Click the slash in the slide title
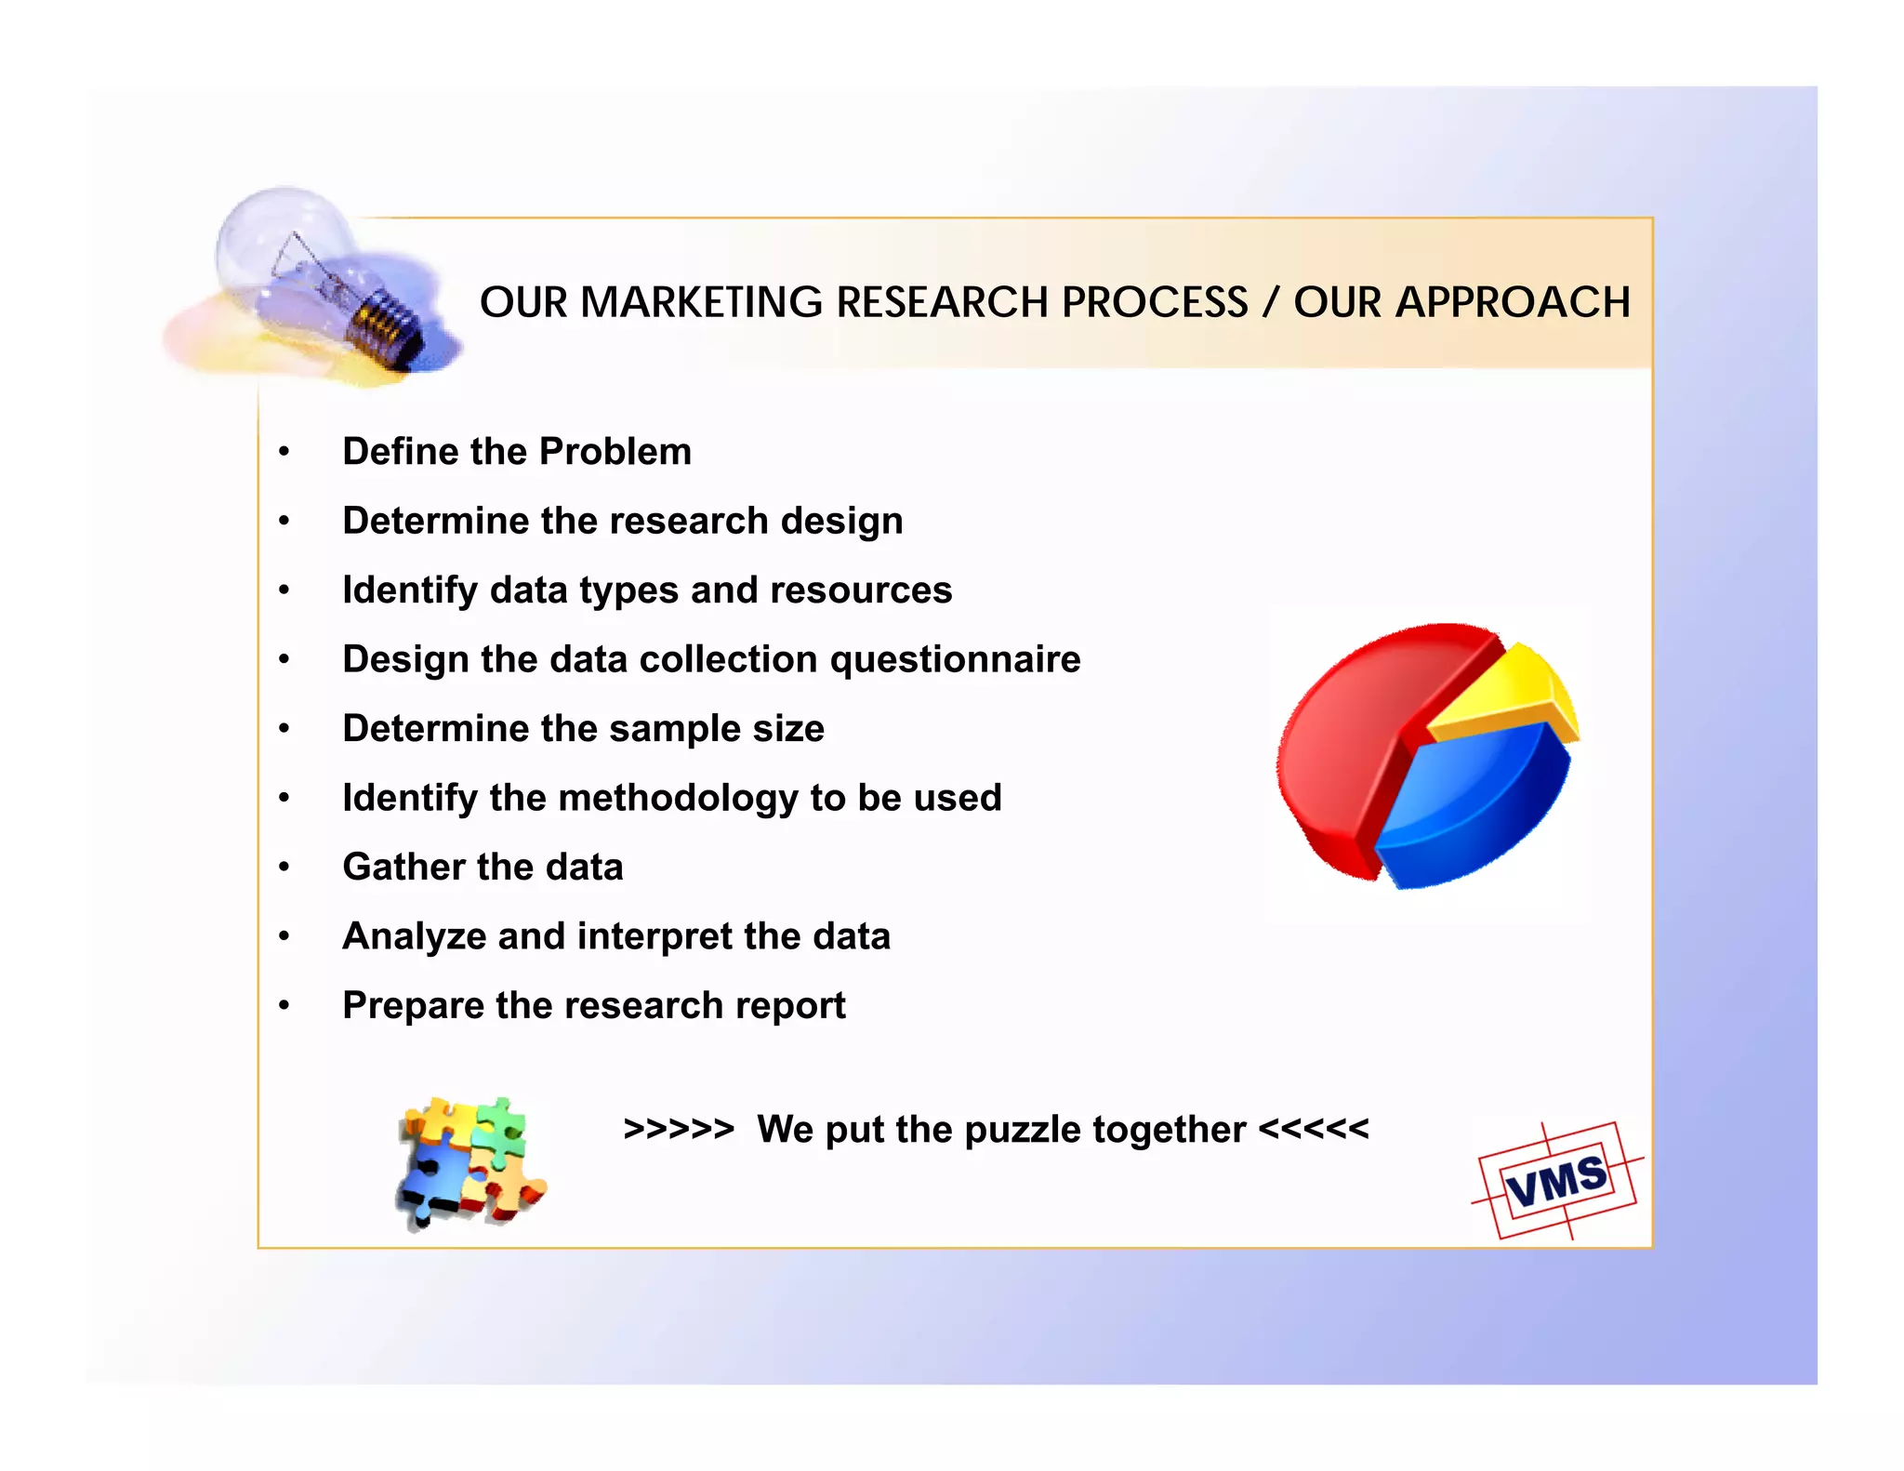1270,302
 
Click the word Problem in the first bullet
615,452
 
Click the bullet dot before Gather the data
284,868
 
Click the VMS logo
1557,1181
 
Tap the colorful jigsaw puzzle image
469,1162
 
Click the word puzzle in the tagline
1023,1131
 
